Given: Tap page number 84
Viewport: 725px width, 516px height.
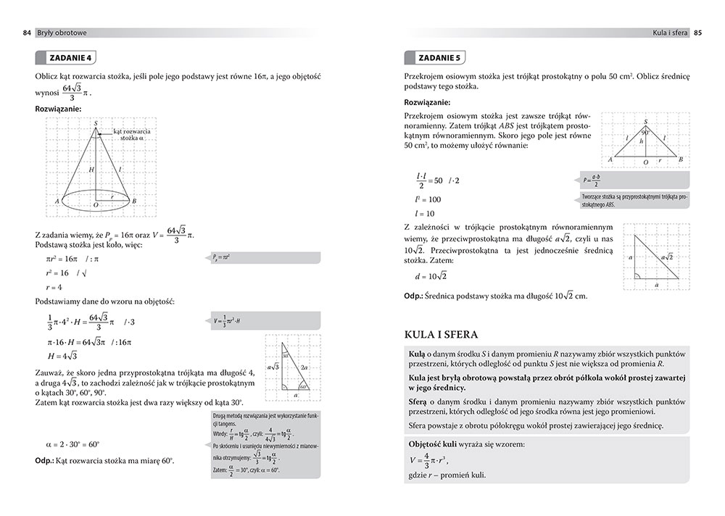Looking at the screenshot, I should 27,33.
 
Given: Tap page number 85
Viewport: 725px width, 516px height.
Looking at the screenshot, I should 697,33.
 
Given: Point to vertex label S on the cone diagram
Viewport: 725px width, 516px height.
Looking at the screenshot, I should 96,123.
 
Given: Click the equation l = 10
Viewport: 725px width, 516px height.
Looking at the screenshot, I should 425,214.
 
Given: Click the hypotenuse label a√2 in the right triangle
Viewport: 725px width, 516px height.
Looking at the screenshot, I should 666,257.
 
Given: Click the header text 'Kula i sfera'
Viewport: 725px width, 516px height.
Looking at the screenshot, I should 669,33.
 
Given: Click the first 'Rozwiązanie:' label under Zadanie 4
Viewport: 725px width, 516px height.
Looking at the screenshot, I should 58,109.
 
